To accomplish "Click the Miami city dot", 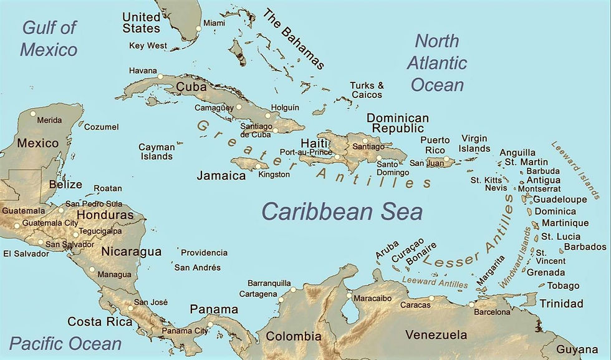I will coord(199,28).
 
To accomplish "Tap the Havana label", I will coord(143,71).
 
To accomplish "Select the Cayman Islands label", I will coord(156,152).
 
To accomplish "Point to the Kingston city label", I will coord(274,175).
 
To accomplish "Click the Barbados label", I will coord(585,246).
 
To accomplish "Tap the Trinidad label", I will coord(561,304).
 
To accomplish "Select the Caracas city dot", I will coord(431,298).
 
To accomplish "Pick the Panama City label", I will coord(185,331).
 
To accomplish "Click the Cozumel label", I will coord(101,127).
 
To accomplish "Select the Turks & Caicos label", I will coord(366,90).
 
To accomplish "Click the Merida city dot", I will coord(33,114).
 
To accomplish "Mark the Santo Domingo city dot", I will coord(379,158).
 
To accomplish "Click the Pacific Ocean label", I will coord(65,343).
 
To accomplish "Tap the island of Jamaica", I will coord(249,165).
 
